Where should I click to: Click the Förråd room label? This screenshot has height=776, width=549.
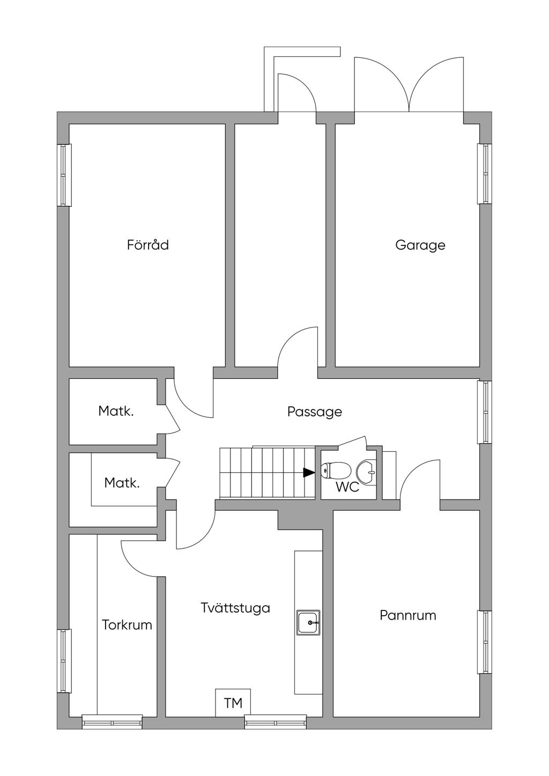148,245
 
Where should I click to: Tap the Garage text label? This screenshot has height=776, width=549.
420,245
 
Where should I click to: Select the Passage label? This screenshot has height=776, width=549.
314,412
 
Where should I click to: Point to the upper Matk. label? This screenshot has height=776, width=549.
116,411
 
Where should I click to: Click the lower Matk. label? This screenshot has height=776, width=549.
122,483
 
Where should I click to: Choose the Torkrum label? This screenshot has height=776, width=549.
127,625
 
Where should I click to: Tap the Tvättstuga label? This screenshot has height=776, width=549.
235,608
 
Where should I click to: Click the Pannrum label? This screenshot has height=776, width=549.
407,615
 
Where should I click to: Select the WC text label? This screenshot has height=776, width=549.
347,488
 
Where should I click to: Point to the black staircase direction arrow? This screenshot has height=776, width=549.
309,472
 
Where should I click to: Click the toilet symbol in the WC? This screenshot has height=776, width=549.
335,471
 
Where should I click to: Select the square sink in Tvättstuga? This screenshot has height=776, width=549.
309,622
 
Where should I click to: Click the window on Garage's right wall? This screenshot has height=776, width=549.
485,174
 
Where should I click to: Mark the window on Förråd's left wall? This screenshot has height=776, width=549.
64,175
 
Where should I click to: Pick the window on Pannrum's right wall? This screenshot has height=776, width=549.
485,642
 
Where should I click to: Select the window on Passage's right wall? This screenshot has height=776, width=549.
485,412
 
